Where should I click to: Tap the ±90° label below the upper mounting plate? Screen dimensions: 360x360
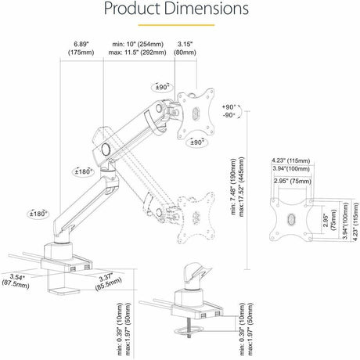pos(197,142)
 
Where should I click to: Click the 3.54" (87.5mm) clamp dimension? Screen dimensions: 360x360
pos(15,279)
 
